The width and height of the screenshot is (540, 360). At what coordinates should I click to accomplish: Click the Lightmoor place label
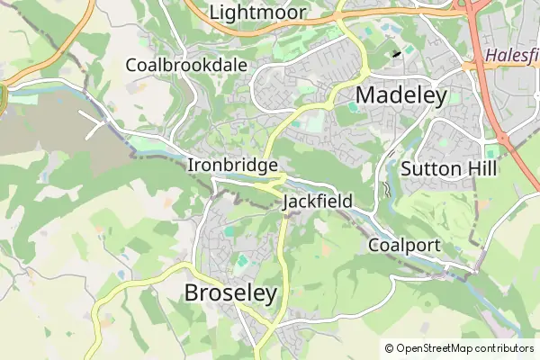coord(257,13)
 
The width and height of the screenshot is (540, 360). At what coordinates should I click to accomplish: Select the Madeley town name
coord(401,96)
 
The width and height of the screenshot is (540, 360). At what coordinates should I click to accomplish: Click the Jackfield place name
coord(318,202)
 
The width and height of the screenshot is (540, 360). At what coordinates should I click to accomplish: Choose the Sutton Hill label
coord(450,169)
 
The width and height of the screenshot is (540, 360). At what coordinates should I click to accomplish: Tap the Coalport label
coord(405,246)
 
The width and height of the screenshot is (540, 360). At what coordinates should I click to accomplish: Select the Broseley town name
coord(230,293)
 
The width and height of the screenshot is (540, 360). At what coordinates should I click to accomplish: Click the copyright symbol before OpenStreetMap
coord(389,348)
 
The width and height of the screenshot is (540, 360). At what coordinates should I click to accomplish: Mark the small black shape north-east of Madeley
coord(397,54)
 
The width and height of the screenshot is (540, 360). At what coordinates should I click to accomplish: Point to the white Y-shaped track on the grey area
coord(97,125)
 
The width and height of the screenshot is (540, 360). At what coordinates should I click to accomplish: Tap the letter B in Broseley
coord(192,293)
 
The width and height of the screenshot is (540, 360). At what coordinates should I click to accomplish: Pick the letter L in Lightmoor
coord(214,13)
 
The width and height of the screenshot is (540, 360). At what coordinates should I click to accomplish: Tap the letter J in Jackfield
coord(287,202)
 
